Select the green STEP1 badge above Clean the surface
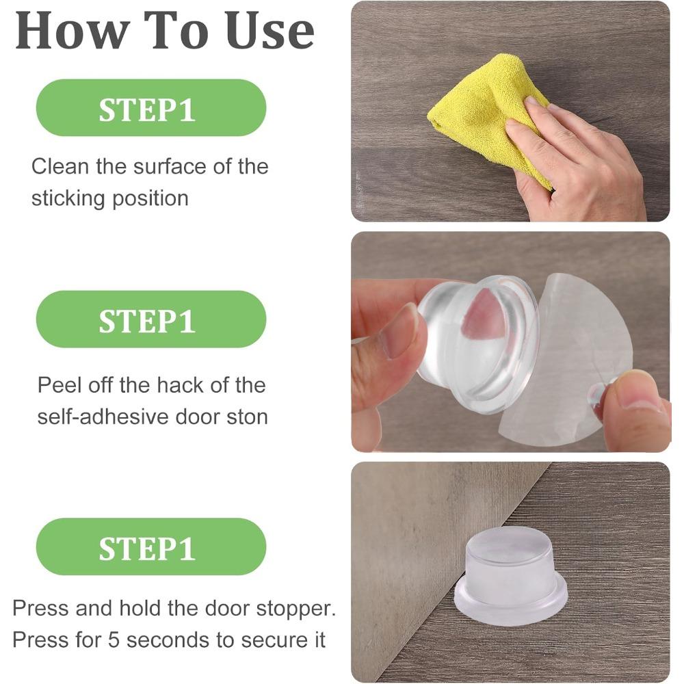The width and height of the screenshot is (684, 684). [x=150, y=108]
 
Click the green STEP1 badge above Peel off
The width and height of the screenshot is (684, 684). [x=150, y=319]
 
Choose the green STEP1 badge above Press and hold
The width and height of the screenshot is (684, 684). [x=150, y=547]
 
